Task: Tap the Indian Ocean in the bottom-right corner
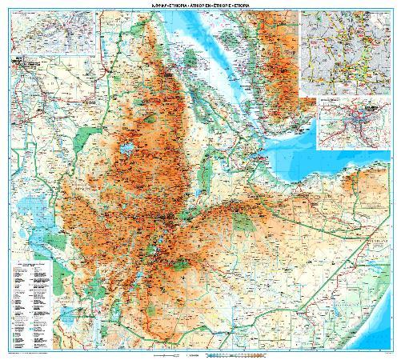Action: tap(376, 328)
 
